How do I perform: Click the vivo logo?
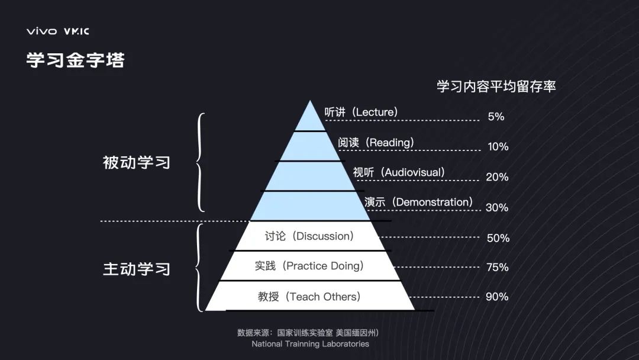point(41,31)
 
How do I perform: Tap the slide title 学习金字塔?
point(75,60)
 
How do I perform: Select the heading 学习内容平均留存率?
point(496,86)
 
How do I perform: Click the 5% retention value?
point(496,117)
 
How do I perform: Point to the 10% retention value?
point(498,146)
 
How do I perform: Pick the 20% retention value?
point(497,177)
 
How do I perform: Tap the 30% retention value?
point(497,208)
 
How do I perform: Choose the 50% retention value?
point(498,238)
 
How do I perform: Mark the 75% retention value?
point(497,267)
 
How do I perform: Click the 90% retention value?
point(497,297)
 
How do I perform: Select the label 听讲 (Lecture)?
point(361,112)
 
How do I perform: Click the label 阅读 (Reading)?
point(376,143)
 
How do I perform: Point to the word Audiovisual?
point(412,173)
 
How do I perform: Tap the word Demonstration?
point(434,202)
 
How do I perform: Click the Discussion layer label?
point(309,236)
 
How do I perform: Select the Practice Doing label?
point(309,266)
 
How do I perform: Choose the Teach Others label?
point(309,297)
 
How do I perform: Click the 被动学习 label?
point(137,162)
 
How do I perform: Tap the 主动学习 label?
point(137,269)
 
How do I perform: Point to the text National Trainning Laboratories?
point(310,344)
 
